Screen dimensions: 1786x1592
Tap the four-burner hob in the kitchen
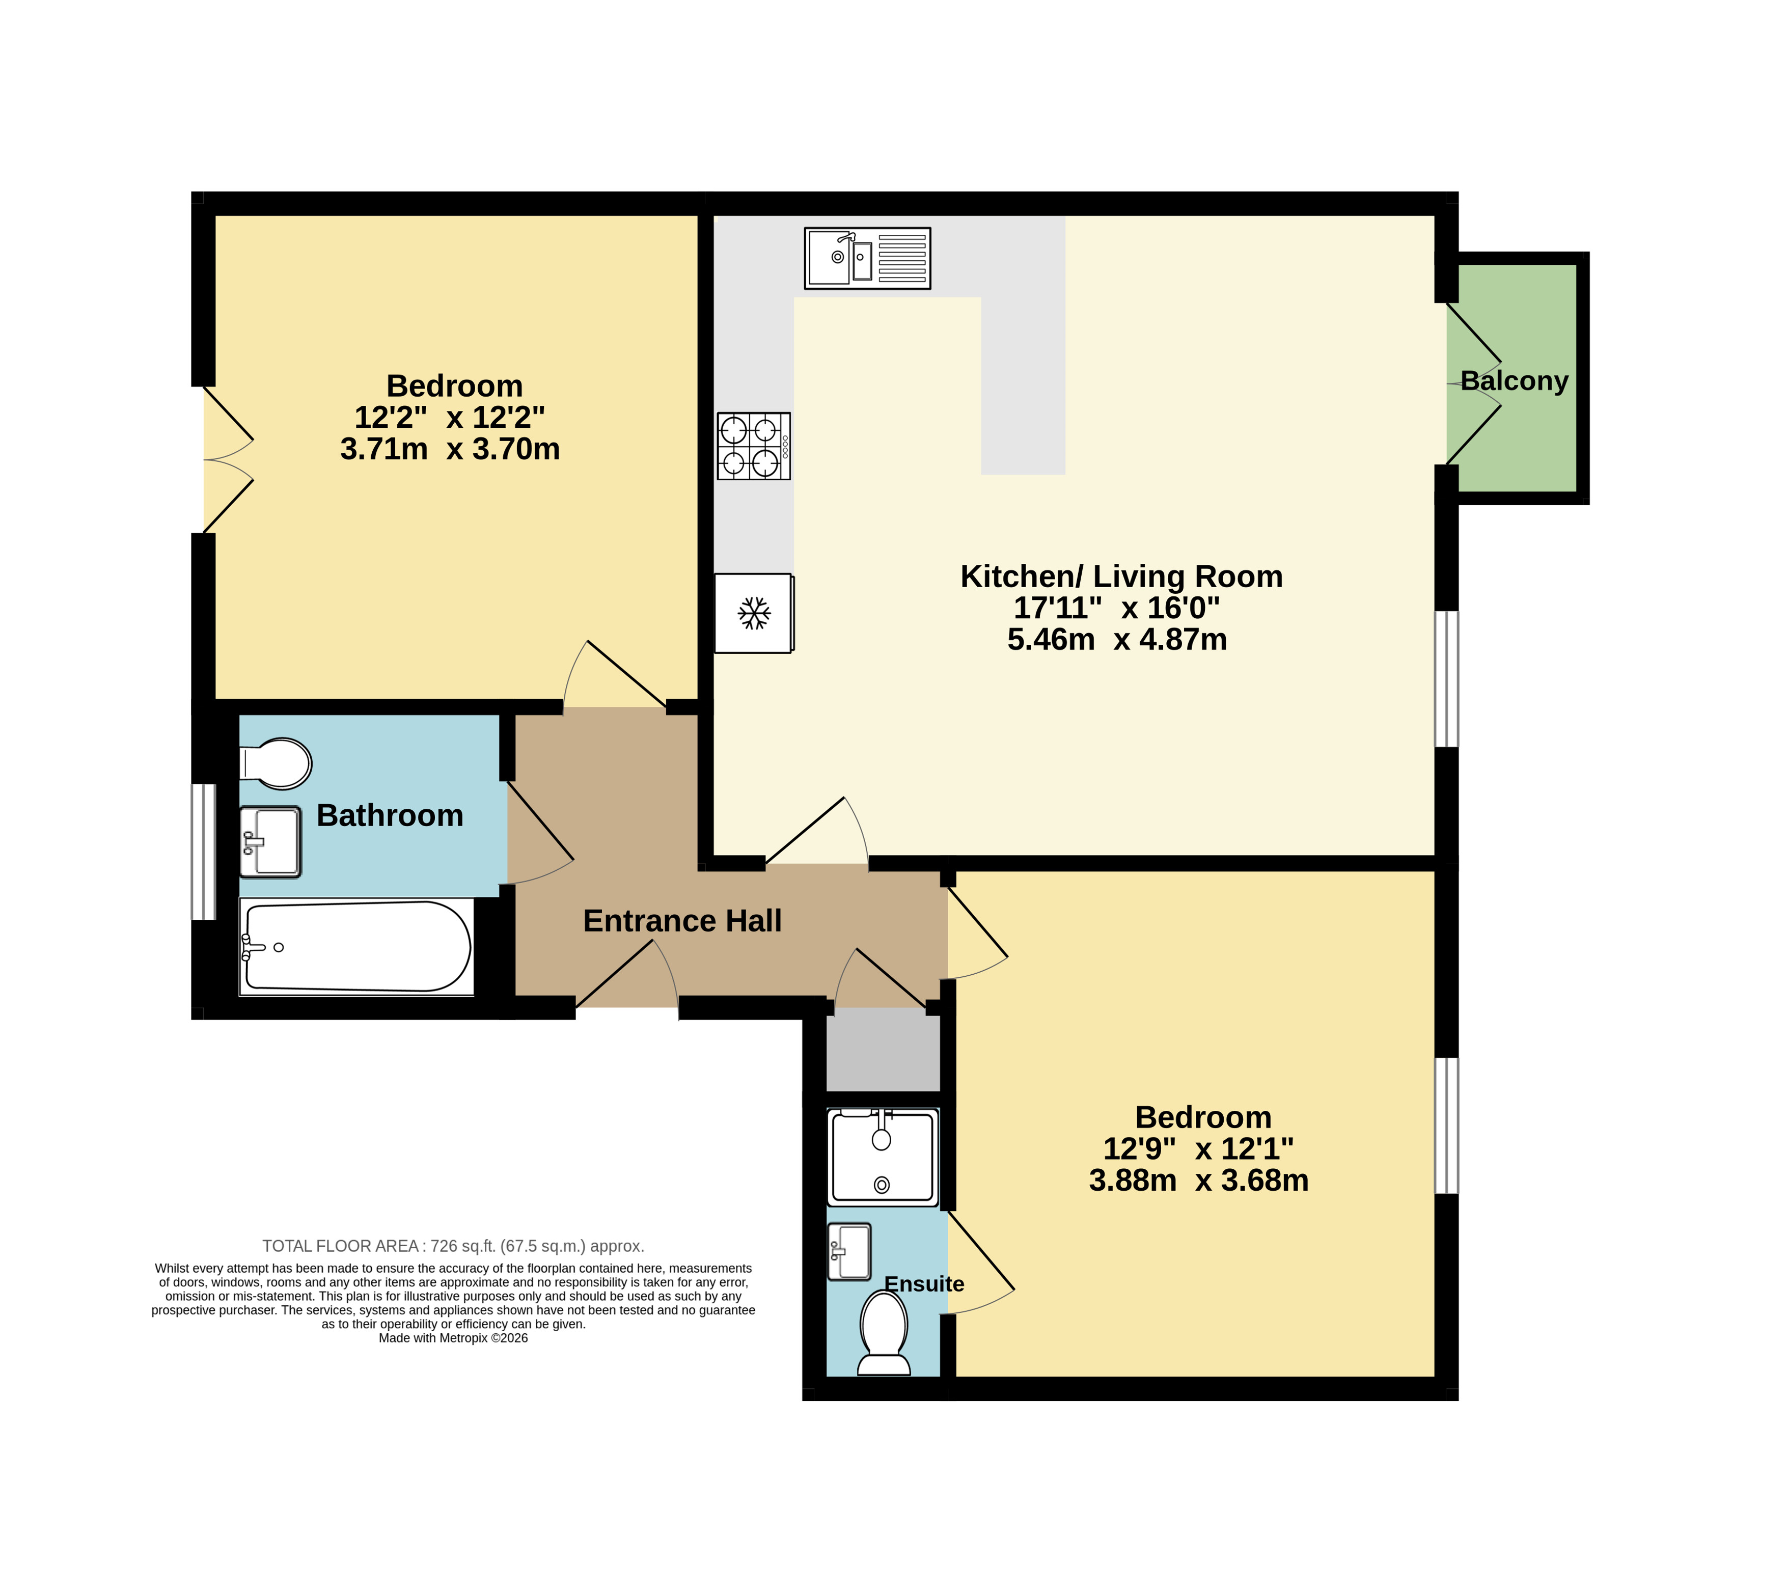[x=754, y=446]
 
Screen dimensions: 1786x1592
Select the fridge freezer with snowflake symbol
[x=754, y=613]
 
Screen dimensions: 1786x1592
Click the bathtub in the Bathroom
[x=357, y=947]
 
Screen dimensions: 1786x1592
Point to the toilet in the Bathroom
[x=276, y=763]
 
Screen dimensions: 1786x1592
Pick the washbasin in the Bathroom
[x=270, y=841]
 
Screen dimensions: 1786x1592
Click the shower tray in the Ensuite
[x=883, y=1157]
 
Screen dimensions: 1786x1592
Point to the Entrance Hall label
[x=682, y=921]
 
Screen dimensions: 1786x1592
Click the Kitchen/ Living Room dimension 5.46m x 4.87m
[x=1117, y=640]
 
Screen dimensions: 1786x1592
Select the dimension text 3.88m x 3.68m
[x=1198, y=1180]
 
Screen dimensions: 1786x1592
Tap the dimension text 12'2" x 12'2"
[x=450, y=417]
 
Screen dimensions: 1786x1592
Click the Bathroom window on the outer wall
[x=203, y=852]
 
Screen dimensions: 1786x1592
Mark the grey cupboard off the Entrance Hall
[x=884, y=1050]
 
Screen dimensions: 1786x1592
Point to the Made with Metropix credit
[x=453, y=1337]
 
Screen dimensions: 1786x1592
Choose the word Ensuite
[x=924, y=1284]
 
